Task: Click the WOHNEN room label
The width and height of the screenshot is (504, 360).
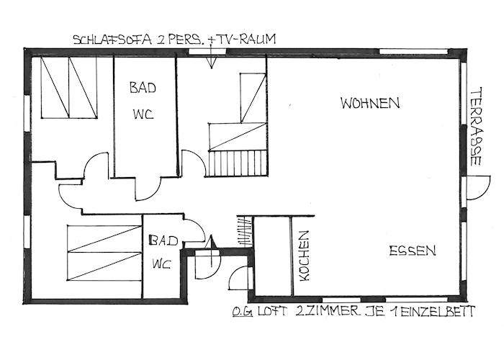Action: pos(370,103)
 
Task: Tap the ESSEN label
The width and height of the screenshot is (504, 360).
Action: pos(413,251)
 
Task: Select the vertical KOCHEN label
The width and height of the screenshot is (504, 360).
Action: pos(304,256)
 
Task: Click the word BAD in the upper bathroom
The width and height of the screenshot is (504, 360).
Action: pos(143,87)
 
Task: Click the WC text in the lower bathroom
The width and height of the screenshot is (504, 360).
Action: pos(161,264)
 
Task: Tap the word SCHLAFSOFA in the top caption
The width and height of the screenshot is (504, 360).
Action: pos(112,40)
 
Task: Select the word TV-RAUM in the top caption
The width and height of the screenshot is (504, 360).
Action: pos(246,39)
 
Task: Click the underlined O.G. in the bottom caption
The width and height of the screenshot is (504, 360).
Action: pos(243,312)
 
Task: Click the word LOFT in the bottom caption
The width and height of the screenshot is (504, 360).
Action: pos(271,312)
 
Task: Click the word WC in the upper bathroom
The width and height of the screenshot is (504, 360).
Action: pos(143,114)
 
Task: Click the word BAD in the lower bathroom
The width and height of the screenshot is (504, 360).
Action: pos(164,240)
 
